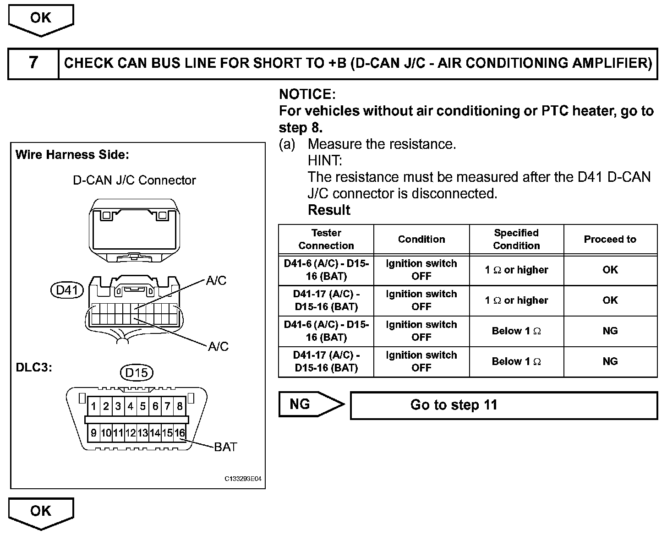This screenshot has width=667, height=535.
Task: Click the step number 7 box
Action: (x=33, y=63)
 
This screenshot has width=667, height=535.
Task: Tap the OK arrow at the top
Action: (x=41, y=19)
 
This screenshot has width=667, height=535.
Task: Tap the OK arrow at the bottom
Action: (x=41, y=512)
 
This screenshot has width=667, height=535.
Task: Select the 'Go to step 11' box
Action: (x=503, y=405)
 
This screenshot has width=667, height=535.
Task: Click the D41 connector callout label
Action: (x=67, y=290)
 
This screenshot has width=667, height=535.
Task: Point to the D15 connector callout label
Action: (x=137, y=373)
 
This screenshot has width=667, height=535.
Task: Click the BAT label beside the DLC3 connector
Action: (x=225, y=447)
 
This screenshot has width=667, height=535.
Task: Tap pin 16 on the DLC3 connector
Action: (x=180, y=433)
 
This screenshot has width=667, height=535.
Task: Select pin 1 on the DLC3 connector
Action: (x=93, y=406)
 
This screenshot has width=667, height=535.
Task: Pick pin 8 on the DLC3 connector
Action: (x=180, y=406)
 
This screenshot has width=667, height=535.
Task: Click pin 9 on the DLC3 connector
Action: (x=93, y=433)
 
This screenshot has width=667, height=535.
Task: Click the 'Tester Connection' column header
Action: (x=326, y=239)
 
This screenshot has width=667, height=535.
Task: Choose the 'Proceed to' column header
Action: (x=610, y=239)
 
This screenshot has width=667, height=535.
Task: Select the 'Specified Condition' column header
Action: (x=516, y=239)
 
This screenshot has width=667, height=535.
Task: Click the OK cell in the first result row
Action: (x=610, y=270)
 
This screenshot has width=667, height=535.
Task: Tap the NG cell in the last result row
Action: (x=610, y=361)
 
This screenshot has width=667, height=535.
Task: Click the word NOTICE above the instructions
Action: (x=307, y=94)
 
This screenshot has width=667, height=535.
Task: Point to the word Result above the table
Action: (x=329, y=210)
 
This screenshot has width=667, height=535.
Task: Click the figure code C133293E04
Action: (x=243, y=479)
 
